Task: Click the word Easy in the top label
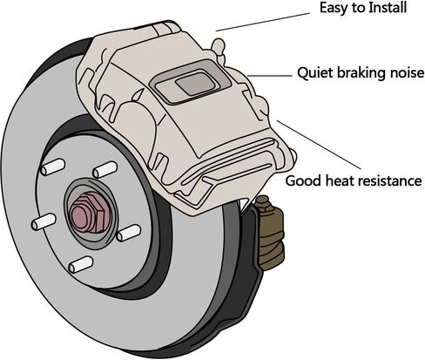click(332, 8)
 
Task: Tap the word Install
click(388, 7)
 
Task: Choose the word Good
click(303, 180)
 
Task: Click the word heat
click(340, 180)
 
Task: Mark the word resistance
click(389, 180)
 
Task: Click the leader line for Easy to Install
click(263, 22)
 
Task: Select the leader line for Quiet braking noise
click(270, 76)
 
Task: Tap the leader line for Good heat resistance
click(319, 145)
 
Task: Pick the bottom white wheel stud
click(81, 264)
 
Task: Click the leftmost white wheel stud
click(44, 221)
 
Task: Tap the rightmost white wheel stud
click(129, 233)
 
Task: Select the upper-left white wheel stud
click(52, 167)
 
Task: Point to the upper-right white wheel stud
click(105, 170)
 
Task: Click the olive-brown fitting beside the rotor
click(270, 233)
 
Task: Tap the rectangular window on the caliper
click(190, 82)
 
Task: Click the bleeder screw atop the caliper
click(219, 48)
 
